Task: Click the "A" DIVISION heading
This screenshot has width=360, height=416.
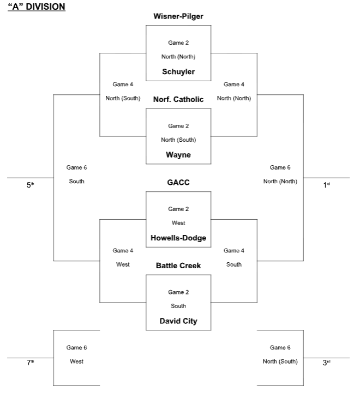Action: [37, 7]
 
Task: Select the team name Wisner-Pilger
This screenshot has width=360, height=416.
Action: [178, 16]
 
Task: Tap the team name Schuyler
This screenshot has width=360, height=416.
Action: [178, 71]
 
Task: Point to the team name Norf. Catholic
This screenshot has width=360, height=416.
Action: [178, 99]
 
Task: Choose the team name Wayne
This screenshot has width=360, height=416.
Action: [178, 155]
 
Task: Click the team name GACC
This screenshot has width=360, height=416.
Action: [178, 183]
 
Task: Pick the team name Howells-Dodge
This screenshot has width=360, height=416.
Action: [178, 238]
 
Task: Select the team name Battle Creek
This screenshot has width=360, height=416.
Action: [178, 266]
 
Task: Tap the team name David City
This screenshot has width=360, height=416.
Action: [178, 321]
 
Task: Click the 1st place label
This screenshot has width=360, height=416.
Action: [327, 185]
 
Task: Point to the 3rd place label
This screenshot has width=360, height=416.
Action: [327, 363]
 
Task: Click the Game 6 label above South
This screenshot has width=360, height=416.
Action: [77, 167]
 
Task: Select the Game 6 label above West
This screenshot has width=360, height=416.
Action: [77, 347]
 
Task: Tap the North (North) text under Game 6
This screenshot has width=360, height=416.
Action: [280, 182]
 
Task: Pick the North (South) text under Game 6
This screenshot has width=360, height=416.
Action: [280, 361]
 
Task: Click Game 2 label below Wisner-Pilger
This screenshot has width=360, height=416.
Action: [178, 43]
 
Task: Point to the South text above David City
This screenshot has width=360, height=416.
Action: [178, 306]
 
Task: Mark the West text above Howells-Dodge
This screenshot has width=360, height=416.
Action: [178, 223]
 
